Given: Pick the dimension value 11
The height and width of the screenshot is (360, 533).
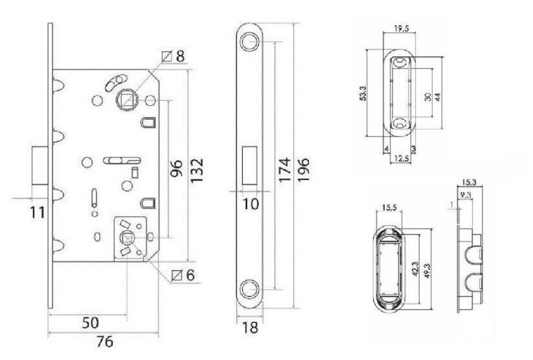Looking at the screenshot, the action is point(36,210).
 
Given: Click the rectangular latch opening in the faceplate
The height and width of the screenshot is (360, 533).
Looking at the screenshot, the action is point(249,165).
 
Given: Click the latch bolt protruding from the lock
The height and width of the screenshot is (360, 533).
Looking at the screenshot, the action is point(38,166).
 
